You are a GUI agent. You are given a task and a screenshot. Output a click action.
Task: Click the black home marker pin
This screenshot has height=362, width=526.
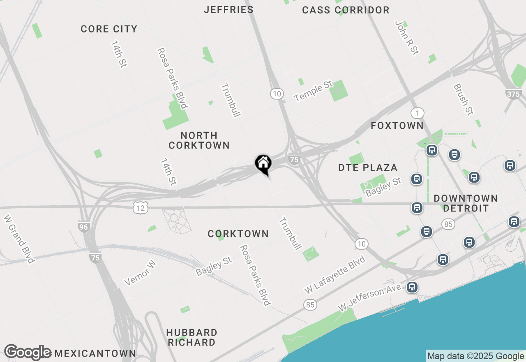(263, 164)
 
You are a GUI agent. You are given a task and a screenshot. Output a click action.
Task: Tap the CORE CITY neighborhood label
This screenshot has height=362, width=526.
(109, 29)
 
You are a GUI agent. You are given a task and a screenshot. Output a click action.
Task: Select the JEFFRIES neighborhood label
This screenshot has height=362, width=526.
(228, 9)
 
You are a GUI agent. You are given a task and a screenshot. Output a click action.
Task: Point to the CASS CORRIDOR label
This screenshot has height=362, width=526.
(346, 10)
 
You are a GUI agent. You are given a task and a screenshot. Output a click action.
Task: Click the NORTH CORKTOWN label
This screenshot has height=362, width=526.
(199, 140)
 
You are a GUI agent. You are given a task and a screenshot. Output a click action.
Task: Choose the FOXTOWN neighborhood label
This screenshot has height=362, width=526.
(397, 125)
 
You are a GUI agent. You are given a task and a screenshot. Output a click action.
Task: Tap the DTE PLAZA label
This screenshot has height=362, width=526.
(368, 167)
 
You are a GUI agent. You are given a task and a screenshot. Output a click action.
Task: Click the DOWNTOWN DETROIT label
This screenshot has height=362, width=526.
(466, 203)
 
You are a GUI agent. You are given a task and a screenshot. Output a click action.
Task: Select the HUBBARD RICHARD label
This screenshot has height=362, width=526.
(191, 337)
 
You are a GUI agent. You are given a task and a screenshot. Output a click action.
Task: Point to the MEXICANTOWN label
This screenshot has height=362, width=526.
(95, 353)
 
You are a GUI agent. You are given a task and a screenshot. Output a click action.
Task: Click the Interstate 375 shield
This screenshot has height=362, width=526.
(514, 94)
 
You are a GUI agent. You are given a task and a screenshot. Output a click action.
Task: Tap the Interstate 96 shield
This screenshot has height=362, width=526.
(84, 226)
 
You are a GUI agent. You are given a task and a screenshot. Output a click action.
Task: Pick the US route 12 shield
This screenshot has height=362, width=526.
(141, 208)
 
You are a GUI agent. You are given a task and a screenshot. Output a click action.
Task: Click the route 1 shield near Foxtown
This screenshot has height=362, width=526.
(417, 113)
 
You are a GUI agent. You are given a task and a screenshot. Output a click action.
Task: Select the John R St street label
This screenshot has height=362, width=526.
(406, 38)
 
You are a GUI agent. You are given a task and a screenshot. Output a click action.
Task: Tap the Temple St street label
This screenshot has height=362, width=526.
(313, 91)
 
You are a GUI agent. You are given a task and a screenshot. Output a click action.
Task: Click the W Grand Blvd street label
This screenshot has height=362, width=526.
(19, 239)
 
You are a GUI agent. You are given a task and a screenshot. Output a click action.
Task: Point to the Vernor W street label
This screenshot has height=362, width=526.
(140, 273)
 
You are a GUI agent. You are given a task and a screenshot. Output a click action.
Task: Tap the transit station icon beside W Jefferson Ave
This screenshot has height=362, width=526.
(412, 287)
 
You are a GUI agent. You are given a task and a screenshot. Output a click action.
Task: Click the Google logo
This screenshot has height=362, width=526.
(28, 353)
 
